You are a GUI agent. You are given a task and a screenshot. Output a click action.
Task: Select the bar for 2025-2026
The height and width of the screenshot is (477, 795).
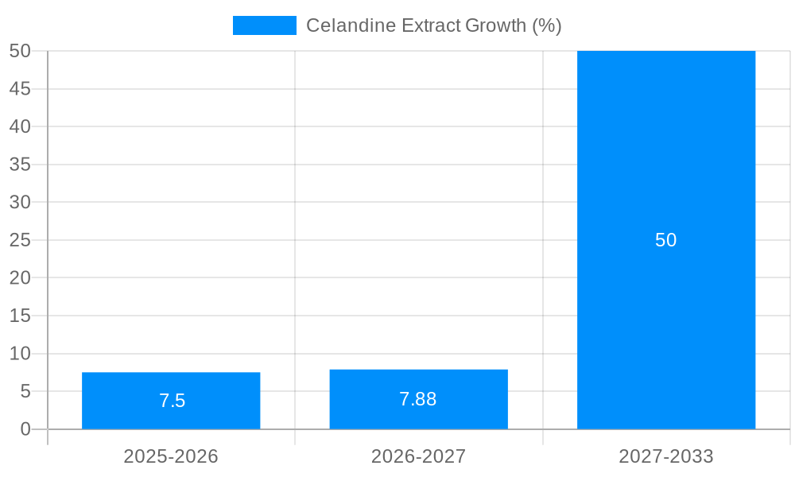[x=171, y=382]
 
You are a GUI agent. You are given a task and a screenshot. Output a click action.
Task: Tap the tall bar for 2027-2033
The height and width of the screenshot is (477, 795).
[x=666, y=159]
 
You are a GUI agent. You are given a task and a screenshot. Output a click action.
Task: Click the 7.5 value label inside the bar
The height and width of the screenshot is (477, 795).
[x=172, y=401]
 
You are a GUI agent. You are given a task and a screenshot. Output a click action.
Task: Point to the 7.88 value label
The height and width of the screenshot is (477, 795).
[x=418, y=399]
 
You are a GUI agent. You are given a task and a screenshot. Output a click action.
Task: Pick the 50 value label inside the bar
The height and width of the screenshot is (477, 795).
[x=666, y=240]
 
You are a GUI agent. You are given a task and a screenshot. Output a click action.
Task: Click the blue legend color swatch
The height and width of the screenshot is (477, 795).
[x=264, y=25]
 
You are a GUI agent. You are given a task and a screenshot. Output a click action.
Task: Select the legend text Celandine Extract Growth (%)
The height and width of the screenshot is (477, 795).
[x=434, y=25]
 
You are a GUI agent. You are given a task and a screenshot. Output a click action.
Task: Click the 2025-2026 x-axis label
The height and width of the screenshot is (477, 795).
[x=171, y=456]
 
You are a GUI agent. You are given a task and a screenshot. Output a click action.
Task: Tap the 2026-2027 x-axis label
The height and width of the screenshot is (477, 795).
[x=418, y=456]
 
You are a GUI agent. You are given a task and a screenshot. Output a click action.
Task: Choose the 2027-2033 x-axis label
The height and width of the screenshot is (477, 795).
[x=666, y=456]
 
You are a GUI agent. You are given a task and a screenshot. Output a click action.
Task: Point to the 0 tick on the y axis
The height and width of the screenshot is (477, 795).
[x=25, y=429]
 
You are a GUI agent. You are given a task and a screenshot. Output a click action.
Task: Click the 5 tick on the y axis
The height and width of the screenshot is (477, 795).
[x=25, y=391]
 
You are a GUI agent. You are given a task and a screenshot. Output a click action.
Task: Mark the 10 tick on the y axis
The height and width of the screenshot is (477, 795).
[x=21, y=354]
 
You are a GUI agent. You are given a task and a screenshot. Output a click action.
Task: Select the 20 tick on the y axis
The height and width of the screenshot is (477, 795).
[x=21, y=278]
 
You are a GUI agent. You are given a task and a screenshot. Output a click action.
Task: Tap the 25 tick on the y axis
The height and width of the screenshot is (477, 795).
[x=21, y=240]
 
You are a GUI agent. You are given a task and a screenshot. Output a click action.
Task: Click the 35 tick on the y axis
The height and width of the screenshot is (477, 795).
[x=21, y=165]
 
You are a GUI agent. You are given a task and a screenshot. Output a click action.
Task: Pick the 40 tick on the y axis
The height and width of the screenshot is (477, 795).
[x=21, y=126]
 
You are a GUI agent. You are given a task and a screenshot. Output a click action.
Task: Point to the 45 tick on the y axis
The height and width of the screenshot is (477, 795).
[x=21, y=89]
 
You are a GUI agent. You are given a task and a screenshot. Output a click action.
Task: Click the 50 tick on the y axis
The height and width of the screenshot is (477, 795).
[x=21, y=51]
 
